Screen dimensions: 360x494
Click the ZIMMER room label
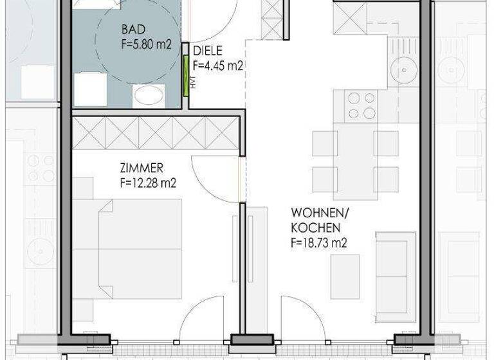click(142, 169)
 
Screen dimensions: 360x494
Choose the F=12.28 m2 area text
click(149, 183)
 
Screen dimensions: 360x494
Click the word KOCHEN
click(315, 228)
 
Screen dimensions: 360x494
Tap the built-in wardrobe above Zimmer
click(156, 134)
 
